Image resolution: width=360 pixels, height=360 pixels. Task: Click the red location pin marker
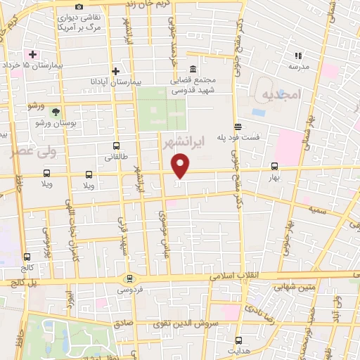pyautogui.click(x=181, y=166)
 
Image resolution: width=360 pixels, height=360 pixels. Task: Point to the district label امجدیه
pyautogui.click(x=281, y=94)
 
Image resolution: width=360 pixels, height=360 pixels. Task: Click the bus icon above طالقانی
pyautogui.click(x=117, y=147)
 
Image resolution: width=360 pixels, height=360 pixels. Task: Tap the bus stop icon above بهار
pyautogui.click(x=274, y=167)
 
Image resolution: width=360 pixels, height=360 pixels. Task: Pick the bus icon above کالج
pyautogui.click(x=27, y=257)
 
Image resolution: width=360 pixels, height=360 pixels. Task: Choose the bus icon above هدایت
pyautogui.click(x=238, y=340)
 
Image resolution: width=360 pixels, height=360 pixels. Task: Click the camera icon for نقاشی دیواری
pyautogui.click(x=78, y=6)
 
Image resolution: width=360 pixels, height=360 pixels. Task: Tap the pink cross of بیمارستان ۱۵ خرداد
pyautogui.click(x=32, y=54)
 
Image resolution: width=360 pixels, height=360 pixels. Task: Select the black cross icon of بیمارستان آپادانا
pyautogui.click(x=116, y=71)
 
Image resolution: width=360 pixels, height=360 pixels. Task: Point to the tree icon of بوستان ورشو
pyautogui.click(x=56, y=111)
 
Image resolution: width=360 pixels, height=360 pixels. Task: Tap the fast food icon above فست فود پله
pyautogui.click(x=238, y=127)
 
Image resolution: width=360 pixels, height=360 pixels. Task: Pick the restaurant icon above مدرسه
pyautogui.click(x=298, y=55)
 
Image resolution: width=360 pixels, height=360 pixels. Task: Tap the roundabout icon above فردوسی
pyautogui.click(x=129, y=278)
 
